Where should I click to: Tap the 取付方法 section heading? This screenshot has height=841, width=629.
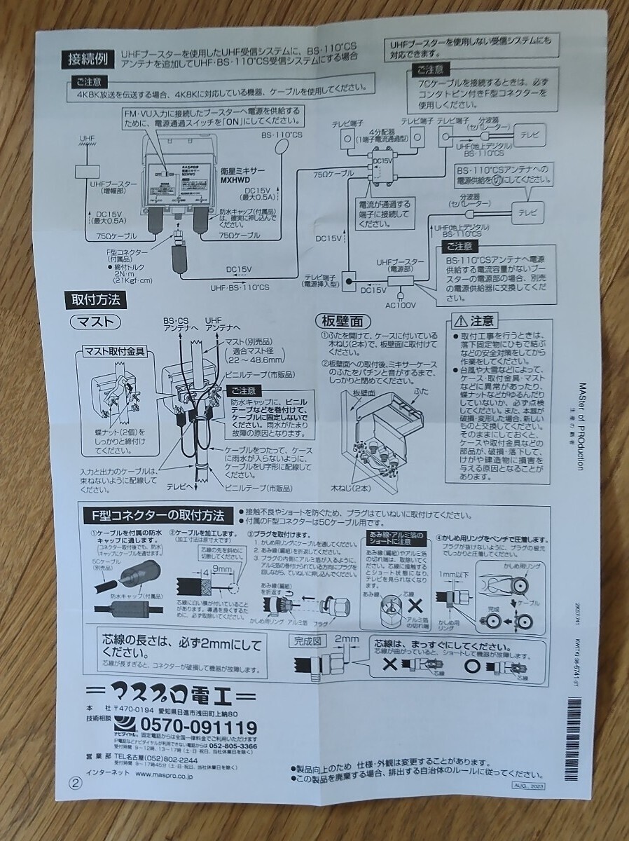click(95, 301)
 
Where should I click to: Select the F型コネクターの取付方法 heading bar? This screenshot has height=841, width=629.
click(158, 516)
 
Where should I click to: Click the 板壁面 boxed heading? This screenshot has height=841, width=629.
click(342, 322)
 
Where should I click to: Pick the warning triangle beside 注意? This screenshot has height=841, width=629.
click(459, 321)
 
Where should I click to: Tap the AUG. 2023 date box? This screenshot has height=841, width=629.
click(527, 787)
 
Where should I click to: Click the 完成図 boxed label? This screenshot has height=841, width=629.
click(306, 639)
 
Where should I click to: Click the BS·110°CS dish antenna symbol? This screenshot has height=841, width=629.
click(283, 146)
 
